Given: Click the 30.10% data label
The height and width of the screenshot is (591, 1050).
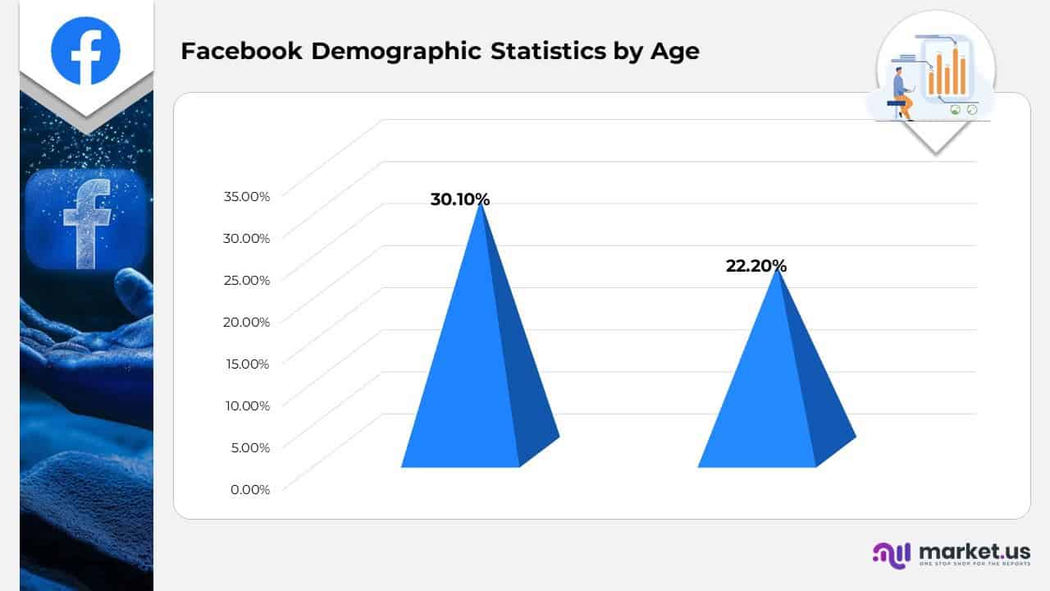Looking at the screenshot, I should [x=459, y=199].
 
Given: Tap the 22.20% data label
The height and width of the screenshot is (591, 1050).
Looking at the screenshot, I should [x=756, y=266].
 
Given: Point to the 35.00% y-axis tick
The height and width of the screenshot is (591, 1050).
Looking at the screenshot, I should [x=246, y=196].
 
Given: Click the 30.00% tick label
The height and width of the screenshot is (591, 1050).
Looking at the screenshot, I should [x=246, y=238].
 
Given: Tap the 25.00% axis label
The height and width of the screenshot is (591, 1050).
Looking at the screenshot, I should [x=246, y=280].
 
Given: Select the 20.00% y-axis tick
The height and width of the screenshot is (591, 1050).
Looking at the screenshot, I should [x=246, y=322].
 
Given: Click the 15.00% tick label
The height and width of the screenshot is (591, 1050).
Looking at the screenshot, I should [x=247, y=364].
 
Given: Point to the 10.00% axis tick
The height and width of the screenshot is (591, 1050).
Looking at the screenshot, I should [x=247, y=405].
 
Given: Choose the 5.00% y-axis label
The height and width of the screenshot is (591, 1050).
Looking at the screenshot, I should [x=249, y=447].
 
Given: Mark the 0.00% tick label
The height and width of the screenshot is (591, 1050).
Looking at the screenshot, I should [x=249, y=489].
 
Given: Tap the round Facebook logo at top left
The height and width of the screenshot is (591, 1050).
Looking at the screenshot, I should [x=85, y=50].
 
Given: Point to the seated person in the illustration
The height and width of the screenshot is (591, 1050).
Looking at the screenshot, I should [x=902, y=92].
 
